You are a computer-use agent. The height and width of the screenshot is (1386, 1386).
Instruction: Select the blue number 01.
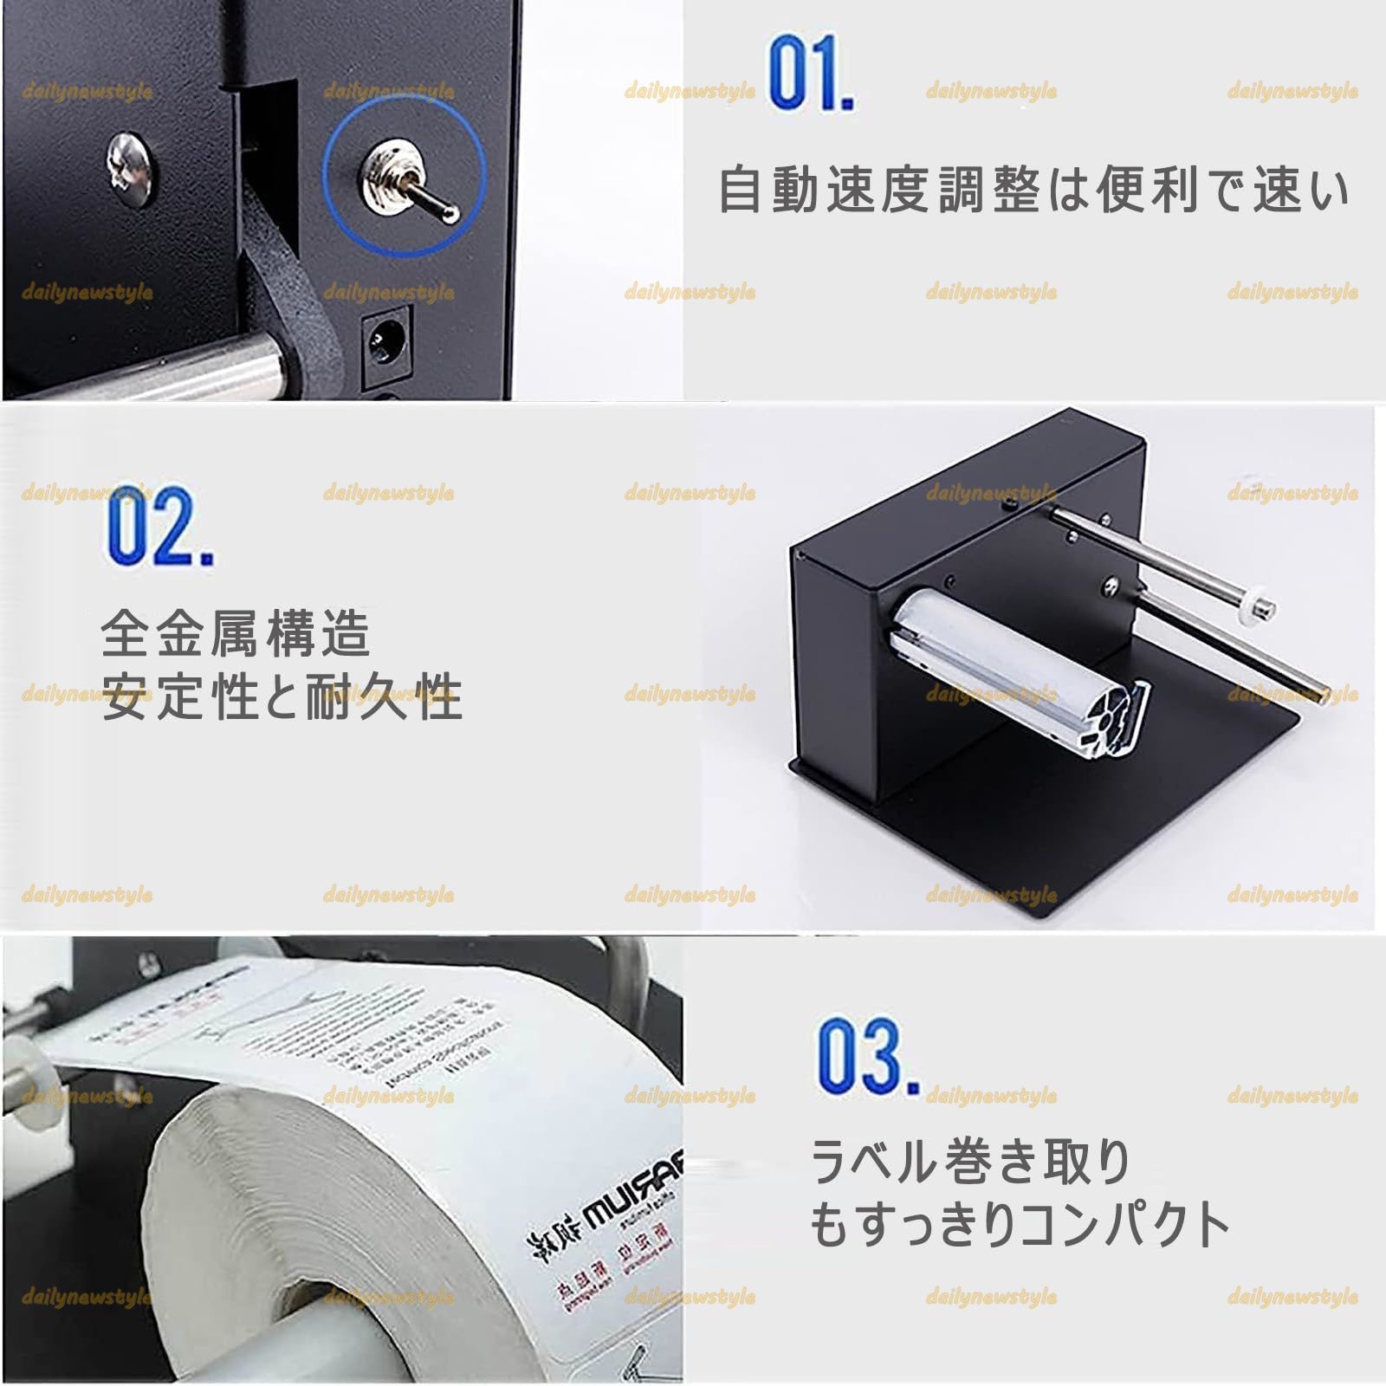[x=809, y=73]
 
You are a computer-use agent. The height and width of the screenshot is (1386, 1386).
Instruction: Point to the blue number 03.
[x=867, y=1056]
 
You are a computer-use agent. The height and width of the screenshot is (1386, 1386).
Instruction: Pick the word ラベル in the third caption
[x=875, y=1162]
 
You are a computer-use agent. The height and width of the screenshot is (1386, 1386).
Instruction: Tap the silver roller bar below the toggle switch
[x=173, y=364]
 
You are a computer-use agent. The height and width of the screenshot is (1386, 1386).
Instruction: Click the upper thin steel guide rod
[x=1152, y=554]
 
